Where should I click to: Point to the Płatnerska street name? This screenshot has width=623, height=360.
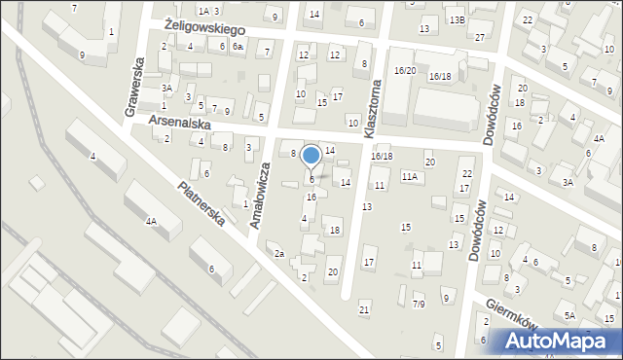pos(202,204)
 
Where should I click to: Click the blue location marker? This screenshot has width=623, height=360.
pos(311,156)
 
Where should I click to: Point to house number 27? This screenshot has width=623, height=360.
pos(481,37)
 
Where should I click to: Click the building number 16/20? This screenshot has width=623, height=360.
pos(405,71)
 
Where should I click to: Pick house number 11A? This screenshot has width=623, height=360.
pos(410,176)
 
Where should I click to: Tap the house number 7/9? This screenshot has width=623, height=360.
pos(418,305)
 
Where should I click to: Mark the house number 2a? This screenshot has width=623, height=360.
pos(278,254)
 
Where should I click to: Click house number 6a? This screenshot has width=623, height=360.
pos(238,47)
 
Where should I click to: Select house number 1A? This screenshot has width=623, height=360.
pos(203,11)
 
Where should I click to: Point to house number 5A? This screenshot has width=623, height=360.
pos(570,316)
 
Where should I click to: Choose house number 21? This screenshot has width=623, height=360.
pos(364,309)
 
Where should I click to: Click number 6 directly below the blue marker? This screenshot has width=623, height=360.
pos(311,179)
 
